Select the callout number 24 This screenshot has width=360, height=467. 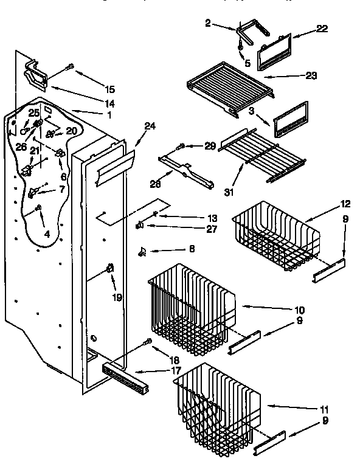pos(150,126)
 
